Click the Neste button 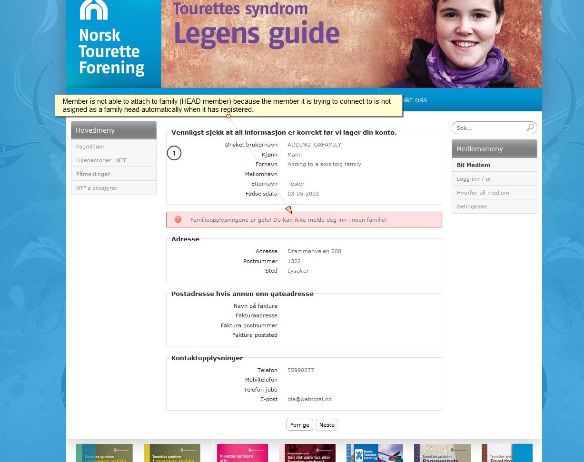pos(327,425)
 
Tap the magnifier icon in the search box pos(530,128)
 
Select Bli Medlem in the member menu pos(474,165)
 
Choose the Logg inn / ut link pos(474,179)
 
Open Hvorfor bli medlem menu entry pos(483,193)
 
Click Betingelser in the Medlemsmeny pos(472,206)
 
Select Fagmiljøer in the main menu pos(90,147)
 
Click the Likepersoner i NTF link pos(101,160)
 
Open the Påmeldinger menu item pos(93,174)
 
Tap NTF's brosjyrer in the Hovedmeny pos(97,188)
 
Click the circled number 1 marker pos(174,153)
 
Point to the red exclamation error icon pos(178,219)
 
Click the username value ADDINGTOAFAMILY pos(314,145)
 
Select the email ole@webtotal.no pos(309,399)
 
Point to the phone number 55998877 pos(301,370)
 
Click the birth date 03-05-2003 pos(303,194)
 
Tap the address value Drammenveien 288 pos(314,251)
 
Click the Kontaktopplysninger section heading pos(207,358)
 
